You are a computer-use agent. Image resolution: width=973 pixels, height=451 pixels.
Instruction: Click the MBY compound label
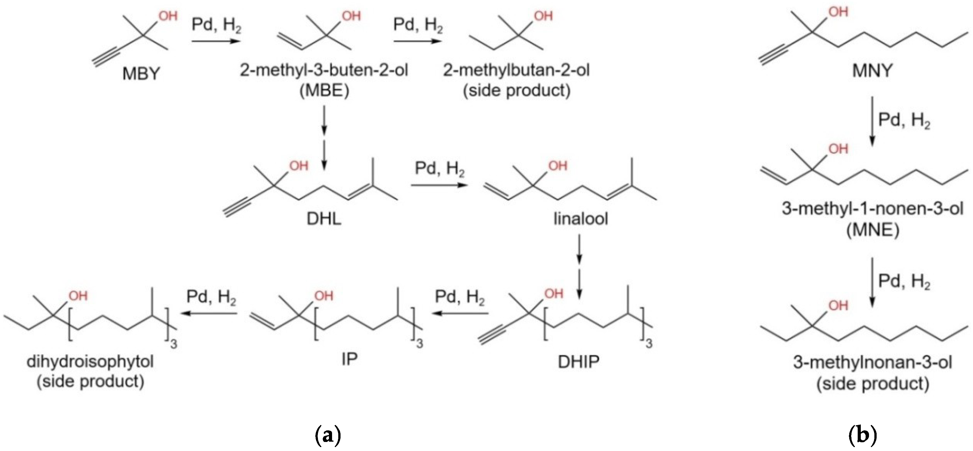point(141,73)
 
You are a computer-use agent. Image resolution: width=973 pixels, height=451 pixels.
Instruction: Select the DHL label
point(324,219)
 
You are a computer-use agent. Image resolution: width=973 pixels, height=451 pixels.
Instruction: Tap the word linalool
point(580,219)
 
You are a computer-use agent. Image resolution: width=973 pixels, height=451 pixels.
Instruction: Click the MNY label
point(872,71)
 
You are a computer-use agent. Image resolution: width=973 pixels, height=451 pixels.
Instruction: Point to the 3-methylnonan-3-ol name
point(872,363)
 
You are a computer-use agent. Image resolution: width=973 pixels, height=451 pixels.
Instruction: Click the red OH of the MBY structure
point(168,16)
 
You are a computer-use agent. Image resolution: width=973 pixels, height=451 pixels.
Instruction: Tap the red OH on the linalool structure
point(558,166)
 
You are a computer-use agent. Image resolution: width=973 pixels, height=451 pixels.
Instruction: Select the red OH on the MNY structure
point(838,12)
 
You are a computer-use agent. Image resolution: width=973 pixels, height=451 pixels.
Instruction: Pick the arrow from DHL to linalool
point(439,185)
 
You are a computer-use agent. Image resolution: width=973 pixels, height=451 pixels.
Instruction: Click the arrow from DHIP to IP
point(460,313)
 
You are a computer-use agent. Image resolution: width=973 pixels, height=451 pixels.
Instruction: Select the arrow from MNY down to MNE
point(872,121)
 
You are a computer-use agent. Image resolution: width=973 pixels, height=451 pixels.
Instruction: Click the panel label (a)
point(328,435)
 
